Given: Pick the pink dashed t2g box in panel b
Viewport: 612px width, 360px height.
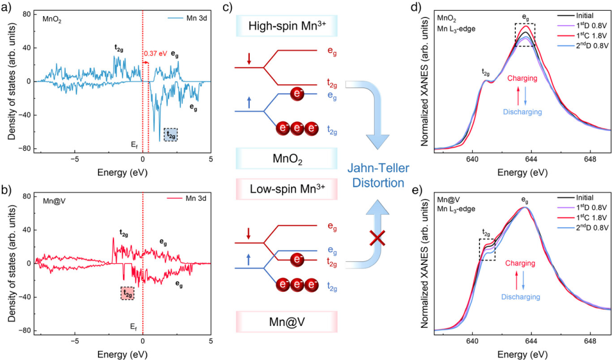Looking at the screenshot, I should click(126, 293).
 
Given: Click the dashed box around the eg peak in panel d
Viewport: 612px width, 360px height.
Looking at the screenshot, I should click(525, 35).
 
